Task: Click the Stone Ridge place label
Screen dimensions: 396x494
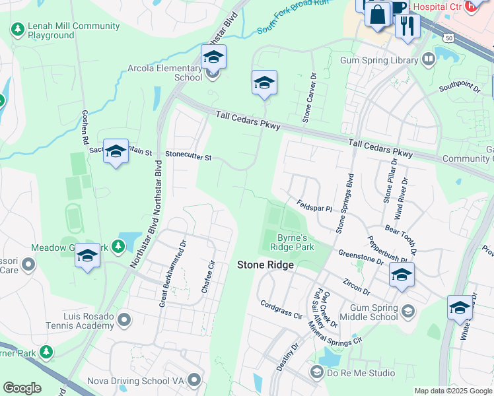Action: point(265,265)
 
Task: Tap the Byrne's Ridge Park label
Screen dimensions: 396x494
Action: point(291,242)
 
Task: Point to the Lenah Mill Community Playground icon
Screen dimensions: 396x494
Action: point(17,29)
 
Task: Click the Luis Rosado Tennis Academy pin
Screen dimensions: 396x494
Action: point(123,321)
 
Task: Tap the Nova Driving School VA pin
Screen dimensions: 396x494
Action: point(194,379)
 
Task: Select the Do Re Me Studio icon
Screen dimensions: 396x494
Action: point(316,374)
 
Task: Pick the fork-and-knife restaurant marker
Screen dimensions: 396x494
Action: point(407,26)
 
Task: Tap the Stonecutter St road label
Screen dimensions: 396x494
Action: point(188,157)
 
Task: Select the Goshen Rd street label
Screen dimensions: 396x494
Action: point(85,127)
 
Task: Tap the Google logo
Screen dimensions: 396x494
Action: point(22,388)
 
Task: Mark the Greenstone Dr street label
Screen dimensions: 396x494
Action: point(361,257)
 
